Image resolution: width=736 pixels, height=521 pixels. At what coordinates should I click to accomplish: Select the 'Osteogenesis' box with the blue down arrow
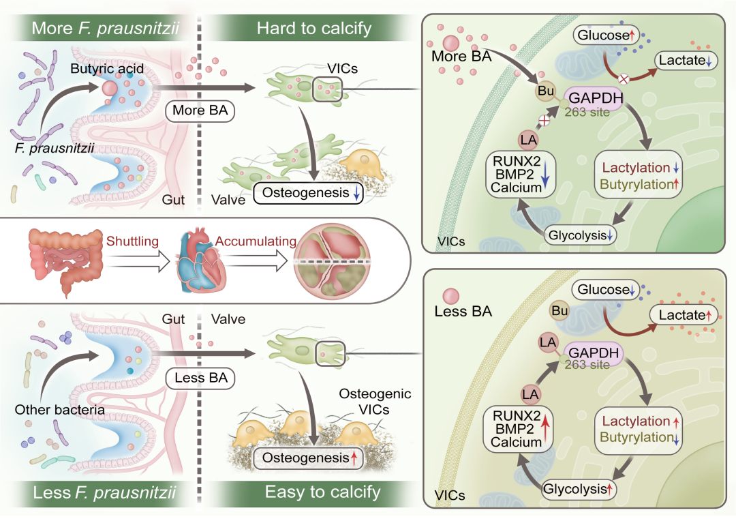[x=308, y=193]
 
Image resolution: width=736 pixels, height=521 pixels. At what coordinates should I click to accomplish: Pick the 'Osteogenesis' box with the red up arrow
[x=308, y=458]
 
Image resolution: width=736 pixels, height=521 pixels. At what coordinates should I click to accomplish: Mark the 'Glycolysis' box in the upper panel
[x=579, y=235]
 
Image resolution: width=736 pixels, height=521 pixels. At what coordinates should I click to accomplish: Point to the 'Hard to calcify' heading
[x=314, y=28]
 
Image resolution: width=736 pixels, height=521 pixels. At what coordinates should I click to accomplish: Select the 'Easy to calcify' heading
[x=314, y=492]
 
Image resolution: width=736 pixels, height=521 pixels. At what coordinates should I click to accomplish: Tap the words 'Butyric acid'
[x=102, y=68]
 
